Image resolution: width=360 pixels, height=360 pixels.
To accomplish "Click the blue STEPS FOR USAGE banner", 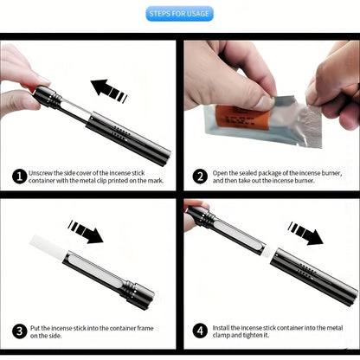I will point(180,14).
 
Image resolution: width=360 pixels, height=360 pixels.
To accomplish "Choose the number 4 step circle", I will point(200,332).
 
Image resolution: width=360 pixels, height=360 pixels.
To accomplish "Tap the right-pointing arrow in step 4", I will point(308,233).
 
